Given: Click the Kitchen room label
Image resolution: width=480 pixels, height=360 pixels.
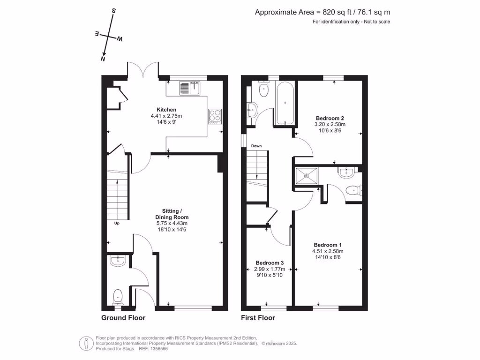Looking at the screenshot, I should tap(166, 110).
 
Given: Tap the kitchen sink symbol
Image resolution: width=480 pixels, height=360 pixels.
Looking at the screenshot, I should tap(190, 87).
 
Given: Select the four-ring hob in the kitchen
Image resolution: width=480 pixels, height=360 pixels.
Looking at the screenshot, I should tap(215, 115).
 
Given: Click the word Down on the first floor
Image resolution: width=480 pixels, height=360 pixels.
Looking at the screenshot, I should tap(256, 146).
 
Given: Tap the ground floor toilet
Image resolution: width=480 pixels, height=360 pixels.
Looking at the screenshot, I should tap(118, 296).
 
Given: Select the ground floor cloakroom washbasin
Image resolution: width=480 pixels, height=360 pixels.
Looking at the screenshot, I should tap(117, 261).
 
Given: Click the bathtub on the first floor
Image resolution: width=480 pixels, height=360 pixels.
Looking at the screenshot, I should tap(285, 103).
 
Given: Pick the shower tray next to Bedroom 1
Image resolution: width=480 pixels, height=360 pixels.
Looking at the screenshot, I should tap(306, 176).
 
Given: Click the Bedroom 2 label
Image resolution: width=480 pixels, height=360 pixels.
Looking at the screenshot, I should tap(330, 118).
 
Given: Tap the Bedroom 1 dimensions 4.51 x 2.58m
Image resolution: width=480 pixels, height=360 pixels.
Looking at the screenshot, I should tap(328, 251).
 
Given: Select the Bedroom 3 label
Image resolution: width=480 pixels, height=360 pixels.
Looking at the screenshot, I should tap(270, 263).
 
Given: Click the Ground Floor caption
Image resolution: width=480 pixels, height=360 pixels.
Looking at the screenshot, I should tap(123, 318).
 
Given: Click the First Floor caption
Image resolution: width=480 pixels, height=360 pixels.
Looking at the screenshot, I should tap(258, 318).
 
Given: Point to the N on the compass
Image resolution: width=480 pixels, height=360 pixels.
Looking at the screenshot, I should tap(103, 59).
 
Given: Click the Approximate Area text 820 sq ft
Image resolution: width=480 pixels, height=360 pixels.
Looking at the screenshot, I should tap(322, 13).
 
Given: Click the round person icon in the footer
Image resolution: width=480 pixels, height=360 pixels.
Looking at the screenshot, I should tap(85, 343).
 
